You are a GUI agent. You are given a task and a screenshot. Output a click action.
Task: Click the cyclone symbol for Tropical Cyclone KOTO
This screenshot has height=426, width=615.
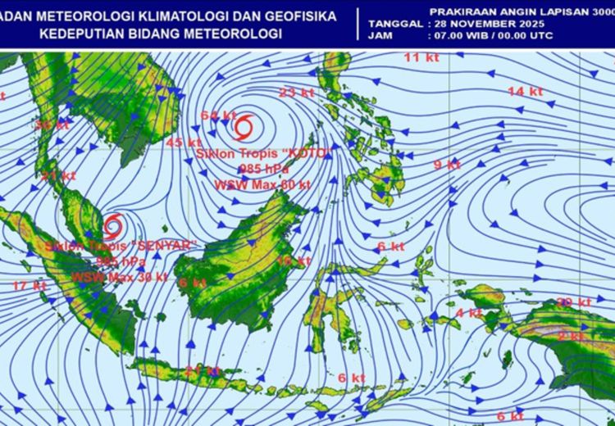[243, 128]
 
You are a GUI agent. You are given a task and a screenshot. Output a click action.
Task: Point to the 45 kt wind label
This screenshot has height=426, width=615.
[184, 143]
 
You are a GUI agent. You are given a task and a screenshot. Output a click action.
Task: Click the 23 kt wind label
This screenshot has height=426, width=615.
[297, 93]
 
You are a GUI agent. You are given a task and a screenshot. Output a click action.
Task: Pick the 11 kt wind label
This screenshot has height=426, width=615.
[422, 57]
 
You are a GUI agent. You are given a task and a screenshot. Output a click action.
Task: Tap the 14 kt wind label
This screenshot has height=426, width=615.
[526, 92]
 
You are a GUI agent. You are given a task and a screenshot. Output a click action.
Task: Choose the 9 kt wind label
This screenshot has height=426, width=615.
[447, 165]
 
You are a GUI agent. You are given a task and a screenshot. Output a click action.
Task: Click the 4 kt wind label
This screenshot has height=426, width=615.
[469, 313]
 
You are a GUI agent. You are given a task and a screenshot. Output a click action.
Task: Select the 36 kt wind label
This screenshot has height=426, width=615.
[52, 125]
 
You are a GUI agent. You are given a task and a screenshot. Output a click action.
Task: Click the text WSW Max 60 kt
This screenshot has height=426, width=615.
[262, 185]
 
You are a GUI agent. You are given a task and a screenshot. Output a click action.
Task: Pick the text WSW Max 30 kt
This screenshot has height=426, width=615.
[119, 277]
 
